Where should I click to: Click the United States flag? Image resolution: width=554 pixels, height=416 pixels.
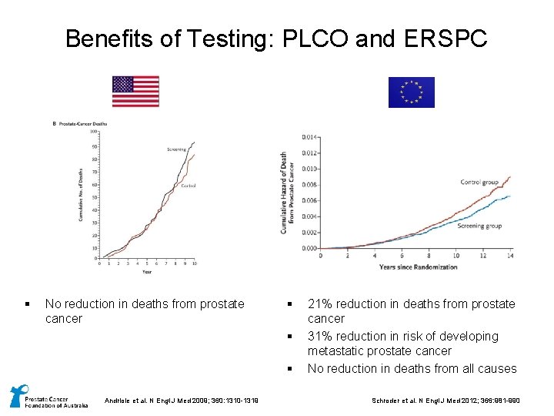coord(135,91)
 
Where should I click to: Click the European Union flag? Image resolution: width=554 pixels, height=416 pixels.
coord(411,92)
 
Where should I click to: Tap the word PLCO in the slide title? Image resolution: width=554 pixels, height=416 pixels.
coord(315,39)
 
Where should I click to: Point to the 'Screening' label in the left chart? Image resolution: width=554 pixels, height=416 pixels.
coord(176,149)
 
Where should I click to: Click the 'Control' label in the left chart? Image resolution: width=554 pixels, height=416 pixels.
coord(189,186)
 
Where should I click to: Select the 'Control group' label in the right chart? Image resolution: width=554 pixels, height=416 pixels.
coord(479,183)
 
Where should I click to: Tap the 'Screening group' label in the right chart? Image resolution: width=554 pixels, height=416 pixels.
coord(479,226)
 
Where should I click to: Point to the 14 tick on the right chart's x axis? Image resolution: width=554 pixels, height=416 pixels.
coord(510,255)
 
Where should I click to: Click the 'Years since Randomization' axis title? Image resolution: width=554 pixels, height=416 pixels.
coord(418,267)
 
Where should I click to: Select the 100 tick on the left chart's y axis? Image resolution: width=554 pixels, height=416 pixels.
coord(93,132)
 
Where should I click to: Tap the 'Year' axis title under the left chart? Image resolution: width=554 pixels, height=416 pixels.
coord(146,271)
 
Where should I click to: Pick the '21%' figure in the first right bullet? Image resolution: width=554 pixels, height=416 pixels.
coord(320,304)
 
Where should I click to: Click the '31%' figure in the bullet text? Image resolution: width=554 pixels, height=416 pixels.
coord(320,336)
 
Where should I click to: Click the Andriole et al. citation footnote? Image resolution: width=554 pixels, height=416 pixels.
coord(184,399)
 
